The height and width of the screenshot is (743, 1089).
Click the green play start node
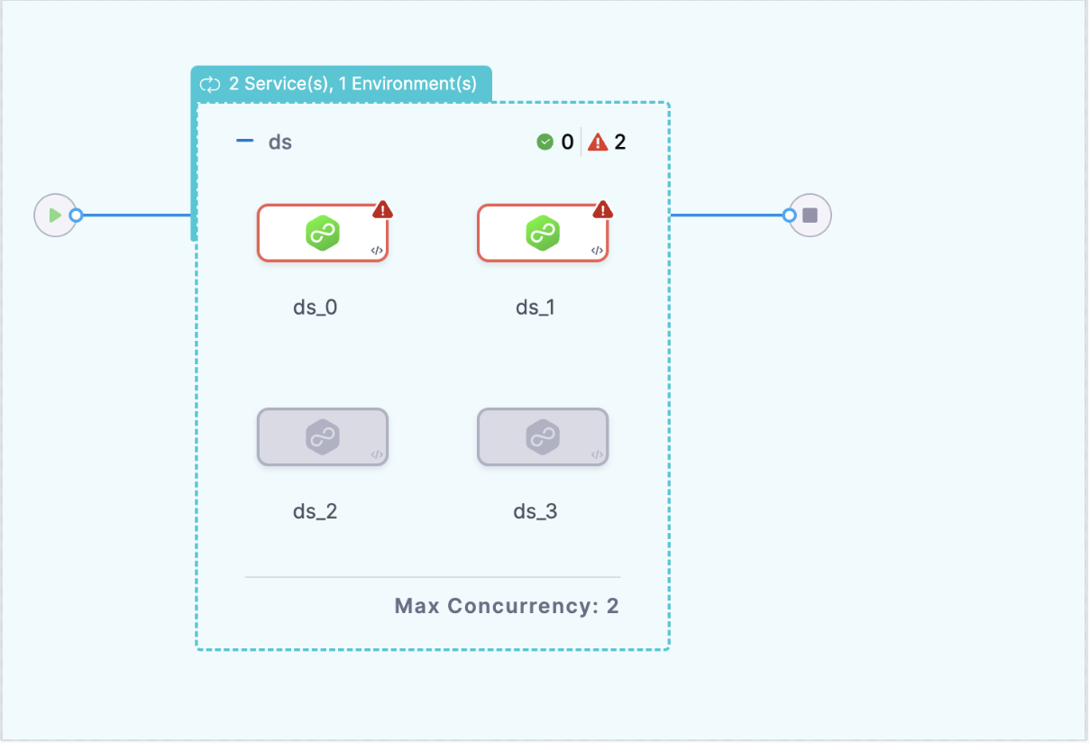pyautogui.click(x=55, y=216)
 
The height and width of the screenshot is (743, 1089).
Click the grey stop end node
pyautogui.click(x=810, y=216)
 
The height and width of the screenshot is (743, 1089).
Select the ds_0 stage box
pyautogui.click(x=322, y=233)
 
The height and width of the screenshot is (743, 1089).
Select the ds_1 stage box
pyautogui.click(x=542, y=233)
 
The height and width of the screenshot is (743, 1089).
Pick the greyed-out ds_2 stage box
pyautogui.click(x=322, y=437)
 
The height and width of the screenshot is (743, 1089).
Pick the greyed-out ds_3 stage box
pyautogui.click(x=542, y=437)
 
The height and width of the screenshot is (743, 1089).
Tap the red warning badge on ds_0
pyautogui.click(x=383, y=210)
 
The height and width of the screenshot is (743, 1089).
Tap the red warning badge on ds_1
pyautogui.click(x=603, y=210)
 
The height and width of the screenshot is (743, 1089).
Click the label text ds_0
pyautogui.click(x=315, y=307)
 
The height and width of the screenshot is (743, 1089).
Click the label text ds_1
pyautogui.click(x=535, y=307)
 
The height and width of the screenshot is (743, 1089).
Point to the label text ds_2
pyautogui.click(x=315, y=512)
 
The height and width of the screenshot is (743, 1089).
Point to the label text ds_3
pyautogui.click(x=535, y=512)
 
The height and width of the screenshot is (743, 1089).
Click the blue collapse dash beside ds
pyautogui.click(x=244, y=142)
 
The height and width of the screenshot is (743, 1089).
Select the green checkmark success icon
pyautogui.click(x=544, y=142)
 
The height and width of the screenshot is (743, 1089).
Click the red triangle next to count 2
pyautogui.click(x=597, y=142)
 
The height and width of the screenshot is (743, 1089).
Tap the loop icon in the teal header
pyautogui.click(x=210, y=85)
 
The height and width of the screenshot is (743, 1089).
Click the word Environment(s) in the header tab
pyautogui.click(x=414, y=85)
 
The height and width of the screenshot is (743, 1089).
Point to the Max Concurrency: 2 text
pyautogui.click(x=507, y=606)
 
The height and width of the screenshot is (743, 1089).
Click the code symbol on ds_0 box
pyautogui.click(x=377, y=251)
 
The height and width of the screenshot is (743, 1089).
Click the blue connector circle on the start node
pyautogui.click(x=77, y=216)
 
